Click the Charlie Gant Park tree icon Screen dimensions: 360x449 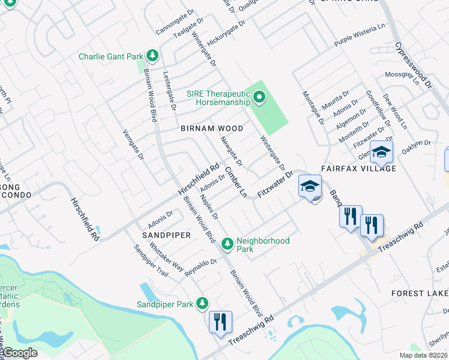152,56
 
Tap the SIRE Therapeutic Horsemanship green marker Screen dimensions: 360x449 259,97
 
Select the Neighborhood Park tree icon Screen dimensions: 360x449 227,243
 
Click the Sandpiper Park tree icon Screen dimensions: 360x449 203,303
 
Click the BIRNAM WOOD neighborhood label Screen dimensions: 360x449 212,128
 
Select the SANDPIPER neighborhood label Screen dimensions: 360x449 166,235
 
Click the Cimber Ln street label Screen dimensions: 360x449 236,182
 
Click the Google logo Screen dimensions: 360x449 20,352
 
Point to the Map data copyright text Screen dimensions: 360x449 424,355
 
